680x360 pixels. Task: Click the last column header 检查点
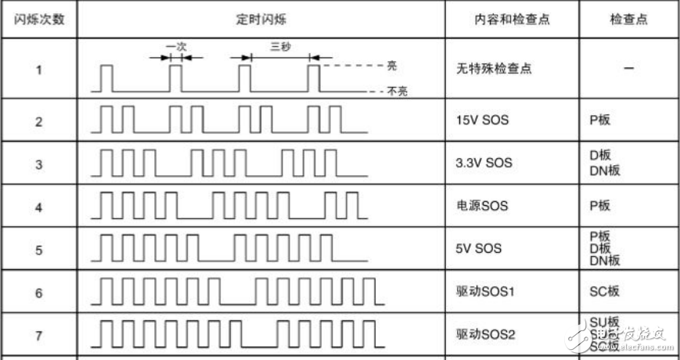coord(628,20)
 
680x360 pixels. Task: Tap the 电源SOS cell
coord(481,207)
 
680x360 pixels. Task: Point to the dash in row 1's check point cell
coord(628,69)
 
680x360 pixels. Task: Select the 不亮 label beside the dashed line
coord(398,92)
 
